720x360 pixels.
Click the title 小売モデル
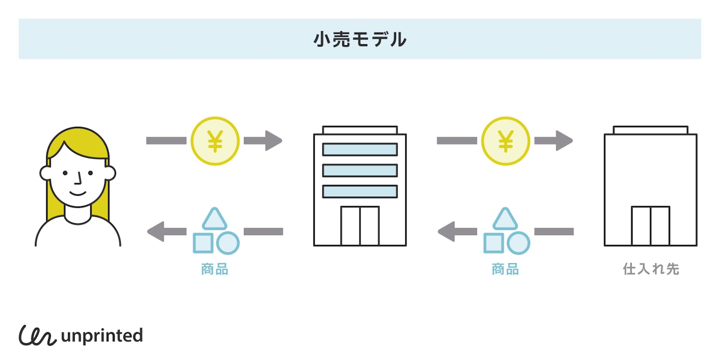pos(360,39)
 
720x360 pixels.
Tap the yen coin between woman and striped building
pos(215,141)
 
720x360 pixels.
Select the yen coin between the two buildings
pos(505,141)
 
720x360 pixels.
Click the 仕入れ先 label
pos(650,269)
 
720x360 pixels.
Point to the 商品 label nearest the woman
pos(215,269)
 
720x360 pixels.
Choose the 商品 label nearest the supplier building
pos(505,269)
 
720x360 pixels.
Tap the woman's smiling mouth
pos(78,193)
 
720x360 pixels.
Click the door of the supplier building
pos(650,226)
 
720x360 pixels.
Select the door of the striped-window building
pos(360,226)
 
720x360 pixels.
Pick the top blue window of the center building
pos(360,149)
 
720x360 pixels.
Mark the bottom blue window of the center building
pos(360,192)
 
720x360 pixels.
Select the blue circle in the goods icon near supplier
pos(518,243)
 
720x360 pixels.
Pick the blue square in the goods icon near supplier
pos(493,243)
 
